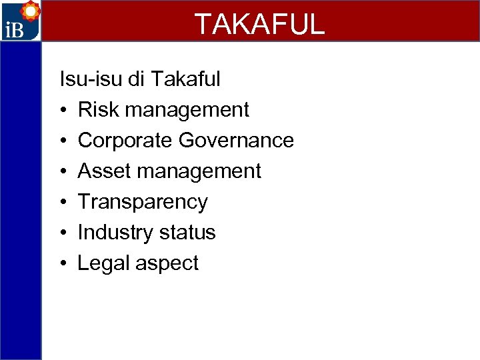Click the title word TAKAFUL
[x=259, y=24]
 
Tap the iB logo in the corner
[x=20, y=21]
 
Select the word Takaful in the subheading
[x=186, y=79]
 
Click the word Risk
[x=99, y=110]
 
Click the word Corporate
[x=125, y=141]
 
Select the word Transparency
[x=143, y=202]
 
